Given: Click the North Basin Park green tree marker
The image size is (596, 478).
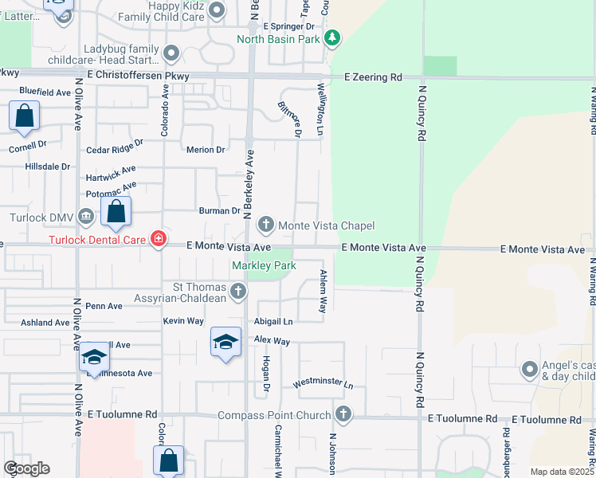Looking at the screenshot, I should tap(333, 37).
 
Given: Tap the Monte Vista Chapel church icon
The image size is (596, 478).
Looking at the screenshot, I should tap(266, 225).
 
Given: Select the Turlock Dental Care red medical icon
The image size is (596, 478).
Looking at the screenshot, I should tap(158, 239).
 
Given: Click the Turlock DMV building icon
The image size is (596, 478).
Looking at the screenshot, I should tap(86, 217).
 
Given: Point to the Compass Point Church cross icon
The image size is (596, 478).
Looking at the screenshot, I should tap(343, 414).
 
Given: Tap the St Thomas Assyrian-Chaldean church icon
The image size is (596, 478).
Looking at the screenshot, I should tap(237, 292).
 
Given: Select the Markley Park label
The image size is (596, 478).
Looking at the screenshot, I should tap(264, 265).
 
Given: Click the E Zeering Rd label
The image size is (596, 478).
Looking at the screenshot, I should tap(373, 77).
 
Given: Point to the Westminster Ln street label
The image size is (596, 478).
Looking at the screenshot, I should tap(323, 383).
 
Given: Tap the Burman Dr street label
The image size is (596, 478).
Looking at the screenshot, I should tap(219, 210).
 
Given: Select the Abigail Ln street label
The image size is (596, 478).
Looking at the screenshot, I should tap(273, 322).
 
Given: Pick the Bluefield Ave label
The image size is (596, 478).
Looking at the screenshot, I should tap(45, 92).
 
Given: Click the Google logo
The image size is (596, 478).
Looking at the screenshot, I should tap(26, 468).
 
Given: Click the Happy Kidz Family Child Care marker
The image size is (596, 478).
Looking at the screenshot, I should tap(221, 10).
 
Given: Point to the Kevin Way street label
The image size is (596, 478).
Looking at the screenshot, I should tap(183, 320).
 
